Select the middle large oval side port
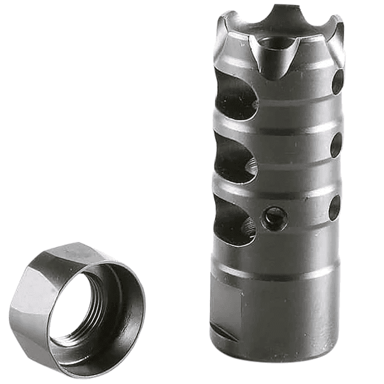pos(235,158)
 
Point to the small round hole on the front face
pos(275,218)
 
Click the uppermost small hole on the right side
pos(337,81)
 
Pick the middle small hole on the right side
pos(336,144)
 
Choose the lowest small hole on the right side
pos(334,207)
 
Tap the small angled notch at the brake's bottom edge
pos(223,336)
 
